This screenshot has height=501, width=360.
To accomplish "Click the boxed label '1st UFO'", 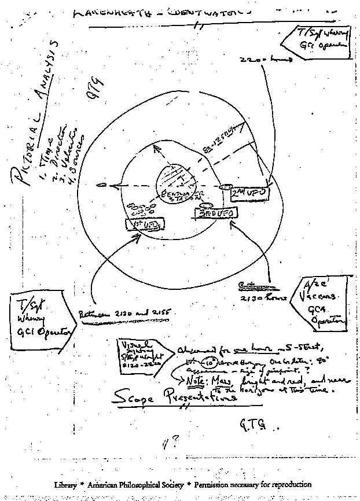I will coord(144,223).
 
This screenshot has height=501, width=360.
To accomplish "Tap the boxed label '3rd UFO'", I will coord(215,214).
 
